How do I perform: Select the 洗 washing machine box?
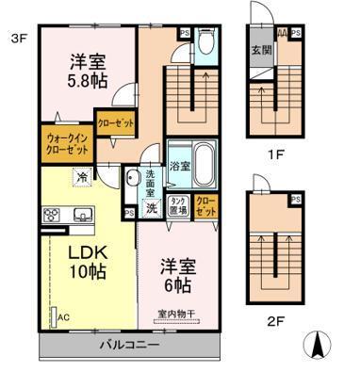pyautogui.click(x=150, y=208)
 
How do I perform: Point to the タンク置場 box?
pyautogui.click(x=177, y=206)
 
